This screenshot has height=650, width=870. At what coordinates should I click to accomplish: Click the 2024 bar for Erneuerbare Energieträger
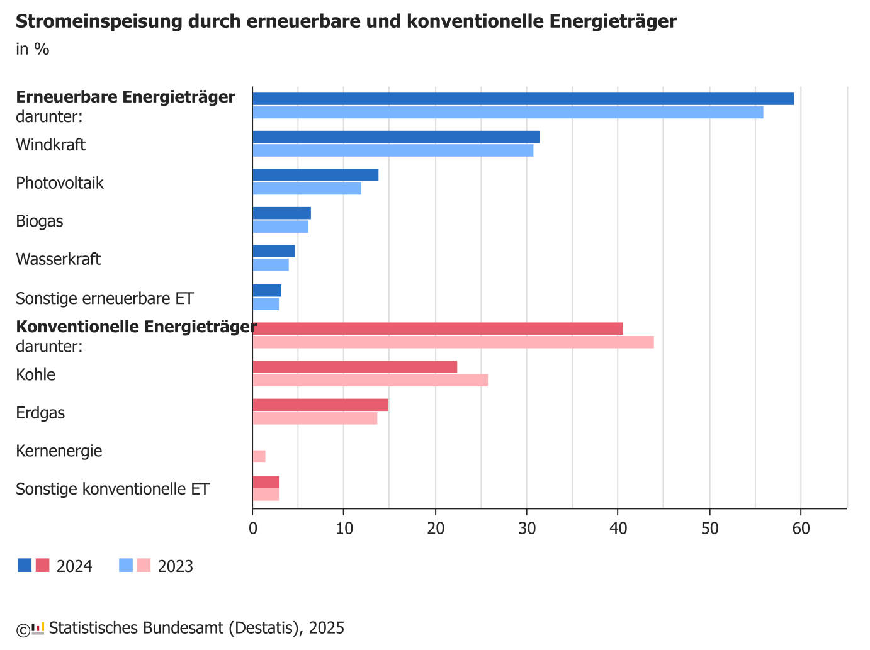(x=523, y=99)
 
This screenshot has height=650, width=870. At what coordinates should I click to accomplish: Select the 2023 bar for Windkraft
(x=393, y=150)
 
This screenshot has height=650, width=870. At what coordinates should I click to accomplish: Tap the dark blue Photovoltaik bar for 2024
(x=315, y=175)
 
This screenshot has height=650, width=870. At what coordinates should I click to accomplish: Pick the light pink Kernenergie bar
(x=259, y=456)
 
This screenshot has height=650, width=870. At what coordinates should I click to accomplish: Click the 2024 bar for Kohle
(x=354, y=367)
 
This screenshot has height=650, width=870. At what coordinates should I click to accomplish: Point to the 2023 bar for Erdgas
(x=315, y=418)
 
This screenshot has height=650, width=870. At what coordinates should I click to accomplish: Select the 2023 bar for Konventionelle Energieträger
(x=453, y=342)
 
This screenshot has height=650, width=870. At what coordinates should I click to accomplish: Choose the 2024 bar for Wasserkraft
(x=273, y=252)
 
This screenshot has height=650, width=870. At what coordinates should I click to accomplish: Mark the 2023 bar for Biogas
(x=280, y=227)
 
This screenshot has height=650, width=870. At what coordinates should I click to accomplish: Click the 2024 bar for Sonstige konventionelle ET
(x=266, y=482)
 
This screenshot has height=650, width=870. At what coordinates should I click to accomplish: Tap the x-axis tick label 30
(x=527, y=529)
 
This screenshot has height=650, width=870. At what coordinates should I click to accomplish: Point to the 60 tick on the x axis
(x=801, y=529)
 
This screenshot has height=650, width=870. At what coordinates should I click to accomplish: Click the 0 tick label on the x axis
(x=253, y=529)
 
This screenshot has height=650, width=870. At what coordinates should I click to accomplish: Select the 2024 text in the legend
(x=74, y=566)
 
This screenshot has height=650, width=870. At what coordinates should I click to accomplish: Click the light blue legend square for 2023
(x=126, y=565)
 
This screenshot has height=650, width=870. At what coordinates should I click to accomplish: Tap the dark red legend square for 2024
(x=42, y=565)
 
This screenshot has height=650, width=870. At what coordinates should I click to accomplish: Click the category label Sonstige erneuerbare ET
(x=105, y=298)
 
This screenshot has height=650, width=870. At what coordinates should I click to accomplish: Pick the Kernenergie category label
(x=59, y=451)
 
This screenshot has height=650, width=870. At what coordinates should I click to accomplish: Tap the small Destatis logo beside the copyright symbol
(x=38, y=628)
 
